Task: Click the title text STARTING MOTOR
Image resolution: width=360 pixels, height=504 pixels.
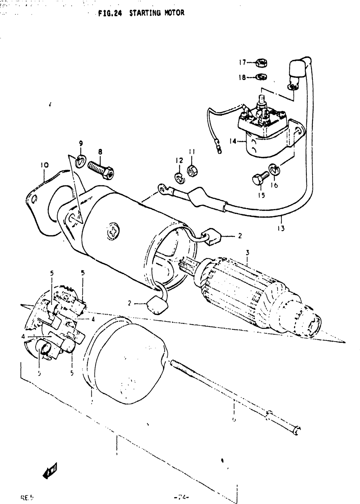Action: click(157, 13)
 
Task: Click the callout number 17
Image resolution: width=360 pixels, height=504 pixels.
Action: click(242, 63)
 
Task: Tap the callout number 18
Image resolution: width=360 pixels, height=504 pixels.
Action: click(242, 77)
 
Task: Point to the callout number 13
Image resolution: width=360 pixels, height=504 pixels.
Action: click(281, 228)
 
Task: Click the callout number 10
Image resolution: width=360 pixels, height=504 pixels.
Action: click(44, 166)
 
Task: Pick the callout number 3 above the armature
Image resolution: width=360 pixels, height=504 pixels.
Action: click(247, 253)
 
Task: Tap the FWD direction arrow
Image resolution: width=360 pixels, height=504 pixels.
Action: click(50, 469)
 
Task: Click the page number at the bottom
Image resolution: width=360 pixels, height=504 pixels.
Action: click(181, 498)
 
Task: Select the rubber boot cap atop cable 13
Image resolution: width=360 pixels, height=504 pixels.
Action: click(297, 69)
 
